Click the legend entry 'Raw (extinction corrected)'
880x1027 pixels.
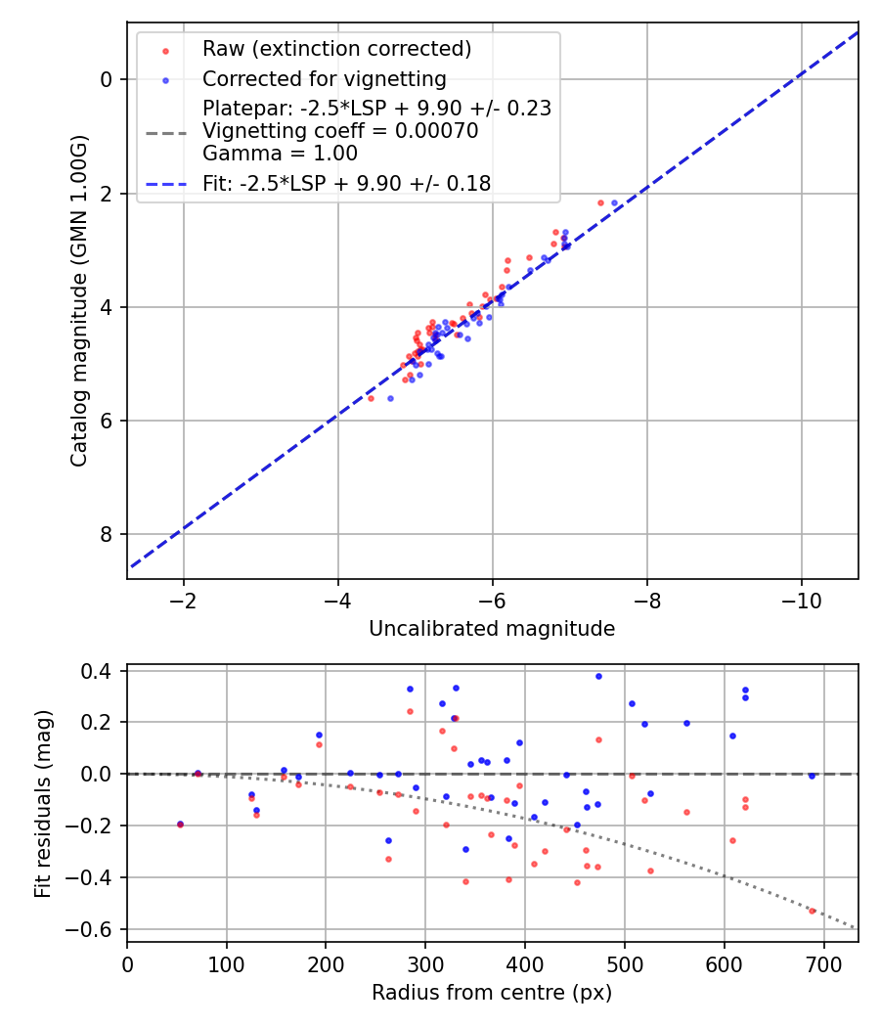click(336, 49)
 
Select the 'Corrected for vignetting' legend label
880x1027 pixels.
click(324, 79)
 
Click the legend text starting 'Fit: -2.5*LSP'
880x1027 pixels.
click(346, 183)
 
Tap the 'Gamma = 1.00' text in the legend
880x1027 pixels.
click(280, 154)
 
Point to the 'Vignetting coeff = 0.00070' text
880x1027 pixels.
click(340, 131)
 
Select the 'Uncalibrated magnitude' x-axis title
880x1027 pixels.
click(492, 629)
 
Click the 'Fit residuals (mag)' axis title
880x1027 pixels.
click(42, 804)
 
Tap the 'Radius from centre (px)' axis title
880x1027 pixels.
click(492, 993)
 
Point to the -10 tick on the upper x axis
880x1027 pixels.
click(801, 599)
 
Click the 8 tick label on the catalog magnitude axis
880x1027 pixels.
click(107, 534)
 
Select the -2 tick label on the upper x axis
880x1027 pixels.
click(183, 599)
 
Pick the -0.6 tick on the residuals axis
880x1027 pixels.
click(97, 929)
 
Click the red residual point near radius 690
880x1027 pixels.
click(812, 911)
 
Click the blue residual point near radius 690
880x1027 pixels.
click(812, 776)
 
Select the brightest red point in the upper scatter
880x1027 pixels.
click(601, 202)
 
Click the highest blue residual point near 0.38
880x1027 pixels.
click(598, 676)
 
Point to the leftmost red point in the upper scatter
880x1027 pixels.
click(371, 398)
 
